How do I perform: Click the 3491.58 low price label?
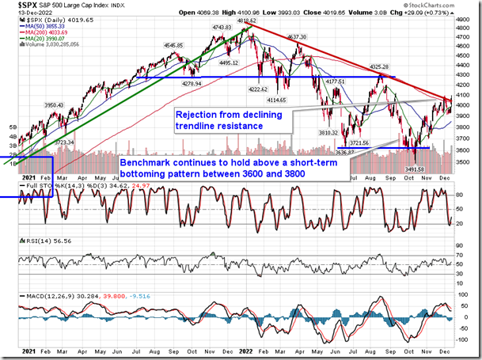pyautogui.click(x=416, y=169)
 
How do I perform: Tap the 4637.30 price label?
pyautogui.click(x=297, y=37)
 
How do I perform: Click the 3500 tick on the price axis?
pyautogui.click(x=466, y=162)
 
